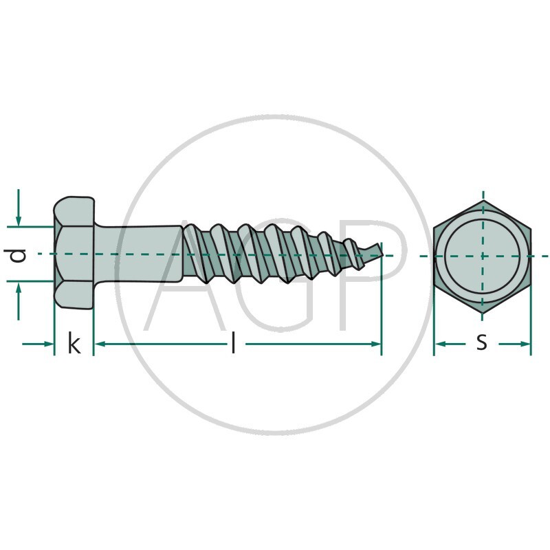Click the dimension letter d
tap(18, 255)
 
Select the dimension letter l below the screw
tap(233, 343)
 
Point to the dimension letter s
tap(482, 342)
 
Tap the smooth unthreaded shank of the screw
tap(138, 254)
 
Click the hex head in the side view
tap(74, 252)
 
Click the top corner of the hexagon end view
tap(483, 200)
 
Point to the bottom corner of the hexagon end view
tap(483, 312)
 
